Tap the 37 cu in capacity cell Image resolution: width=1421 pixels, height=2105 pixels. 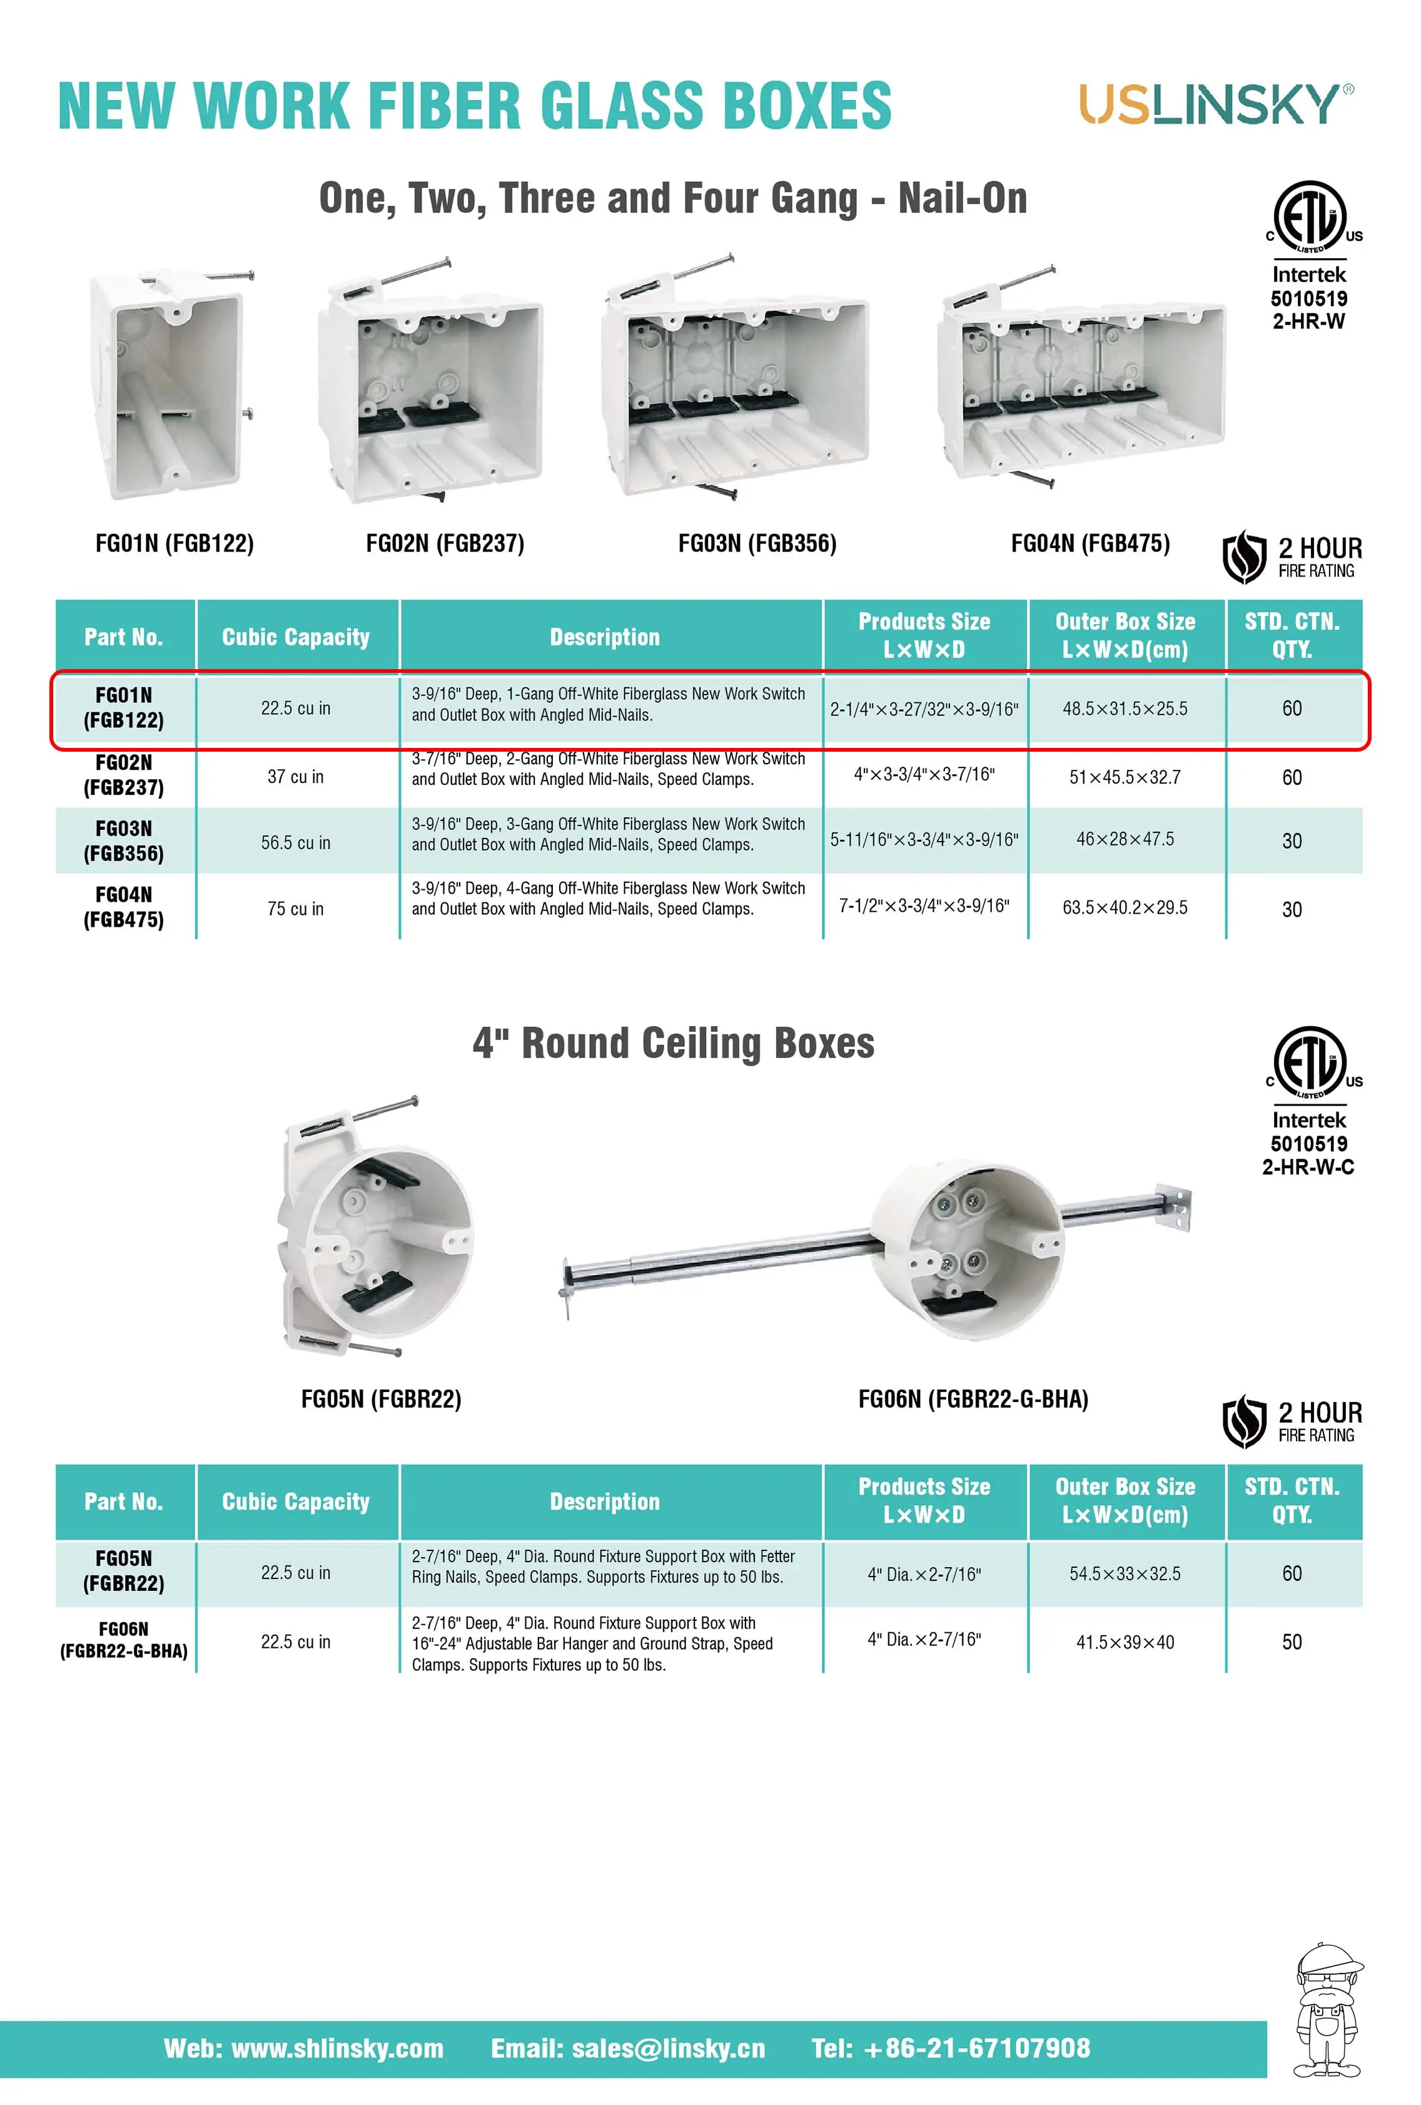point(295,776)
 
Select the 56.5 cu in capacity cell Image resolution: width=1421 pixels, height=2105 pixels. point(295,842)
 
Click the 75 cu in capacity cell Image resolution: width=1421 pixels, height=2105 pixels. point(295,909)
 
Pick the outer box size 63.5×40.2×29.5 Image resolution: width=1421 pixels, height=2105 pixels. point(1125,907)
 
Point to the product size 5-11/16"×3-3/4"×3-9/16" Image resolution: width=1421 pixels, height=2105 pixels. point(924,840)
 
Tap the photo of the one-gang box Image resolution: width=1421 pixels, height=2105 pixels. point(172,385)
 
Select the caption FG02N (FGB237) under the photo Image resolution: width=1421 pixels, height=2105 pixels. point(445,543)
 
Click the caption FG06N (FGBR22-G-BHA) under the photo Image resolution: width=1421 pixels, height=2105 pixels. point(973,1400)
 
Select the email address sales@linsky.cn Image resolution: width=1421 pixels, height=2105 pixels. point(628,2049)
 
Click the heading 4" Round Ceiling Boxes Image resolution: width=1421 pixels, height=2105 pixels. point(673,1044)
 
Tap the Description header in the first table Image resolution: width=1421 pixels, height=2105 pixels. point(604,637)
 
